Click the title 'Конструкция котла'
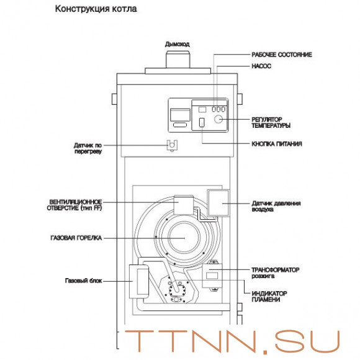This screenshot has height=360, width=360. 96,10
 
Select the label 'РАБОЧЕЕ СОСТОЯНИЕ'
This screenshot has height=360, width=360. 281,55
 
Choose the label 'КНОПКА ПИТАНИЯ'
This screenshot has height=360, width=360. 277,144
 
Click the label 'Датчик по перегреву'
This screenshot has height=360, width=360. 87,148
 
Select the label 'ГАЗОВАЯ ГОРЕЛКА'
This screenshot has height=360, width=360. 76,238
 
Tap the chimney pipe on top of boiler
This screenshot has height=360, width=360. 178,61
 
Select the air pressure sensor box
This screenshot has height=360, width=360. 218,203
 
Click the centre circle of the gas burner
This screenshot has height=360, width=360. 182,238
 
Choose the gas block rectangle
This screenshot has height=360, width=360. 138,281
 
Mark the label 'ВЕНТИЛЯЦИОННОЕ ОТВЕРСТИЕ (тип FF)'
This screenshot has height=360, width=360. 75,205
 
